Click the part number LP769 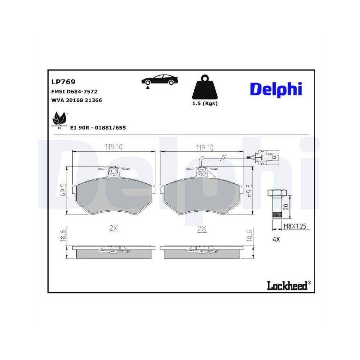[x=63, y=82]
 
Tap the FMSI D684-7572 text [x=75, y=92]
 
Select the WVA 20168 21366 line [x=77, y=100]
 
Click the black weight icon [x=204, y=88]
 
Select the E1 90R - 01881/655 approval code [x=98, y=128]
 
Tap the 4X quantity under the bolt [x=276, y=239]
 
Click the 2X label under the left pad [x=114, y=228]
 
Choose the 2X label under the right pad [x=202, y=228]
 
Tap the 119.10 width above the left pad [x=114, y=147]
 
